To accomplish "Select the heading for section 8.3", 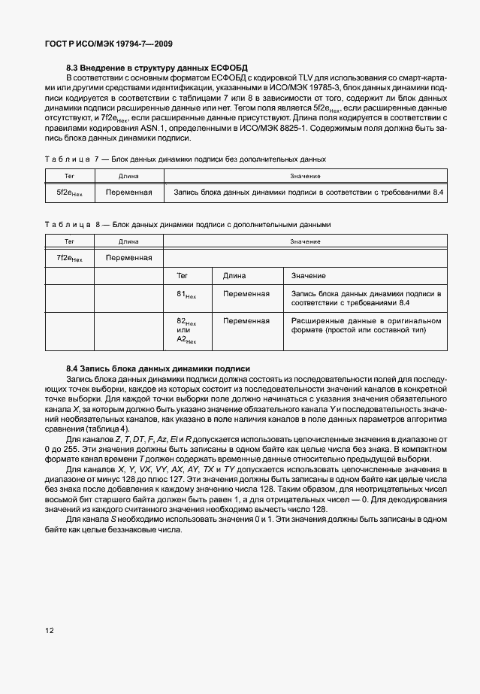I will pos(157,68).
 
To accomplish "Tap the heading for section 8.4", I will pos(158,368).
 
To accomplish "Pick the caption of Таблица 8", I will pos(187,224).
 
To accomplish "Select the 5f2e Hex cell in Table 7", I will pos(69,193).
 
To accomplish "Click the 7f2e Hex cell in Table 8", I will pos(69,258).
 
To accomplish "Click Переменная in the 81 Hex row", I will pos(246,293).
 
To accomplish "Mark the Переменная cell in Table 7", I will pos(128,192).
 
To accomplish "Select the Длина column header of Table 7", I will pos(128,176).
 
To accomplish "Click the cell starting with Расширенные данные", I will pos(366,326).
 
